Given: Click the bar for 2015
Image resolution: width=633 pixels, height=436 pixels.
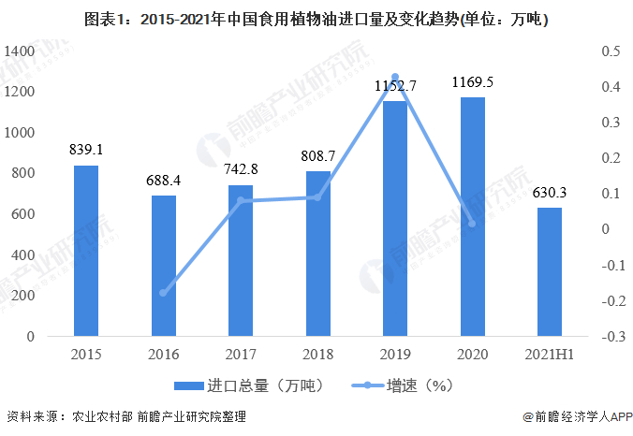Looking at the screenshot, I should [86, 251].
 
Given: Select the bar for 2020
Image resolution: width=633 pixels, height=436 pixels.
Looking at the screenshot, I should [472, 217].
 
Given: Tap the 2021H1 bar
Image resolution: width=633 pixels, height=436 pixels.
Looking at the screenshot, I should [550, 271].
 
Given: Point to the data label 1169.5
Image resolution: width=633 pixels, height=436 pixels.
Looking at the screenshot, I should [472, 82].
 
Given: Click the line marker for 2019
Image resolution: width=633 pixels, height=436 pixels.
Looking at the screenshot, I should [394, 77].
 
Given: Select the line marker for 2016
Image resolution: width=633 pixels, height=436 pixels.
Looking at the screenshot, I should [164, 293].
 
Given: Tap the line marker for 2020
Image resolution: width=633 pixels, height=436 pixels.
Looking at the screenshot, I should [472, 224].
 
